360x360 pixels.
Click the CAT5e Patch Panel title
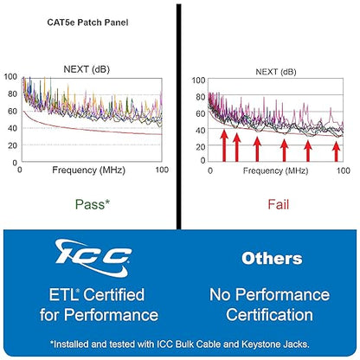click(87, 22)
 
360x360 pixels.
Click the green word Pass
click(90, 204)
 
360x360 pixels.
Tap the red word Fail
click(278, 204)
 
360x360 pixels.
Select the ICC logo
click(93, 258)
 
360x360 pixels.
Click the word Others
click(272, 259)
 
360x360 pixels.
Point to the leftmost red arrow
click(224, 145)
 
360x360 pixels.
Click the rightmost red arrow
click(336, 151)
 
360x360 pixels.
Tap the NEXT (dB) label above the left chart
click(87, 69)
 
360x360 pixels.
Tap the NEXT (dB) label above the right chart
click(276, 72)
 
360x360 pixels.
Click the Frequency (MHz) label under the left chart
click(88, 170)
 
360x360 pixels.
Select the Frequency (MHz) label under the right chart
click(275, 170)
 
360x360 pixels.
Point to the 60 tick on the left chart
click(12, 111)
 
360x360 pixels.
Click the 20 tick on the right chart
click(201, 147)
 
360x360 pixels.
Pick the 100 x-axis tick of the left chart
click(162, 170)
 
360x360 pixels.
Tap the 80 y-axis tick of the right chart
click(201, 97)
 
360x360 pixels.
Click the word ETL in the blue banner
click(63, 295)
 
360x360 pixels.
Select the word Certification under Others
click(269, 315)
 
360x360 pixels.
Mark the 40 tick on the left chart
click(12, 128)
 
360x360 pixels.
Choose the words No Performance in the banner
click(269, 295)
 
